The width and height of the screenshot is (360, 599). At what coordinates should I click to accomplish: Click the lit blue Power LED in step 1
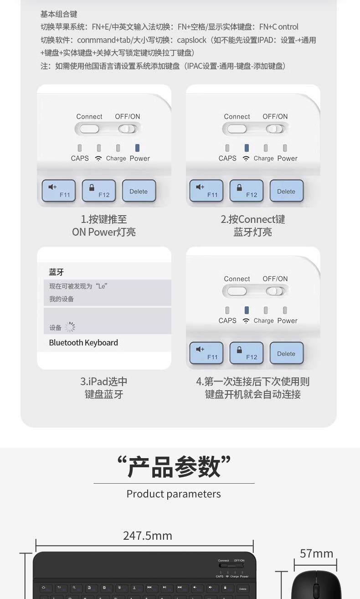pyautogui.click(x=137, y=148)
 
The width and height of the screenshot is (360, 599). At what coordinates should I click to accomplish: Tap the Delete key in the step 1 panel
pyautogui.click(x=139, y=191)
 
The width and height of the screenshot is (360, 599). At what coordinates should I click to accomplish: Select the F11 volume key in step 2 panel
pyautogui.click(x=206, y=191)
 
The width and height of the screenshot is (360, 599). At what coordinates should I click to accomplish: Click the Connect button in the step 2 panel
pyautogui.click(x=237, y=129)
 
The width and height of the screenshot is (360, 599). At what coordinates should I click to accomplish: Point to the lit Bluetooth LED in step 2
pyautogui.click(x=247, y=148)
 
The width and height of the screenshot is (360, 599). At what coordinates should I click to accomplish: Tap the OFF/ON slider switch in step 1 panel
pyautogui.click(x=128, y=129)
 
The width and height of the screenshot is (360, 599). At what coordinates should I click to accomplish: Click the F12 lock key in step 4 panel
pyautogui.click(x=246, y=353)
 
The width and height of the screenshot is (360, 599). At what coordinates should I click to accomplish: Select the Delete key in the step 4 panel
pyautogui.click(x=286, y=353)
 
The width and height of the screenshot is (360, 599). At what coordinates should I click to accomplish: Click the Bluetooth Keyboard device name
pyautogui.click(x=83, y=343)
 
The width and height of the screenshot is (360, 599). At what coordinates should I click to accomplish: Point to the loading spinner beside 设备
pyautogui.click(x=70, y=327)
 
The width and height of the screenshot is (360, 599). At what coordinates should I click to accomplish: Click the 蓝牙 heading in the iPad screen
pyautogui.click(x=57, y=272)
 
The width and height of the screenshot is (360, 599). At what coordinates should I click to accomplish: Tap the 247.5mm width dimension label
pyautogui.click(x=148, y=535)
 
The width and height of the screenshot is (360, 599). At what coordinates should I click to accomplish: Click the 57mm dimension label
pyautogui.click(x=317, y=553)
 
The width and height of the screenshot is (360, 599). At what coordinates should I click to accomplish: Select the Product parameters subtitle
pyautogui.click(x=174, y=494)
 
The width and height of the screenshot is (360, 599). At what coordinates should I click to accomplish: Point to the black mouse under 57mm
pyautogui.click(x=310, y=586)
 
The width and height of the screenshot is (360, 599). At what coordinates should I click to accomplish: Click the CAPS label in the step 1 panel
pyautogui.click(x=80, y=158)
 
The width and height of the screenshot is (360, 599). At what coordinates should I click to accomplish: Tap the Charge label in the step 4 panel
pyautogui.click(x=264, y=320)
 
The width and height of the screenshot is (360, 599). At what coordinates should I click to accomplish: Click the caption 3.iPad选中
pyautogui.click(x=104, y=382)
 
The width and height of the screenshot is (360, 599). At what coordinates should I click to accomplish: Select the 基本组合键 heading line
pyautogui.click(x=59, y=14)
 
